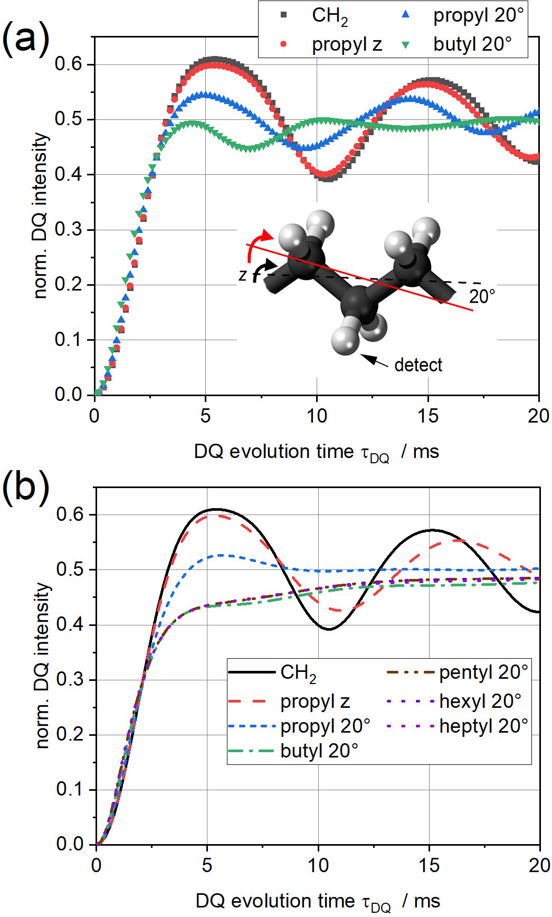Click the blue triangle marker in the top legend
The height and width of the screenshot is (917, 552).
tap(406, 15)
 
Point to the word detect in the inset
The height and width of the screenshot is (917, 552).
tap(418, 364)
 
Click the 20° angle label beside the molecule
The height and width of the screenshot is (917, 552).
tap(482, 296)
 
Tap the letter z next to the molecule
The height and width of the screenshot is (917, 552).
tap(242, 275)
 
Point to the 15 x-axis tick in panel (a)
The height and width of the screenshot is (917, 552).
tap(428, 416)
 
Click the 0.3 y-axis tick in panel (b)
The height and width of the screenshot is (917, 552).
tap(69, 680)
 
